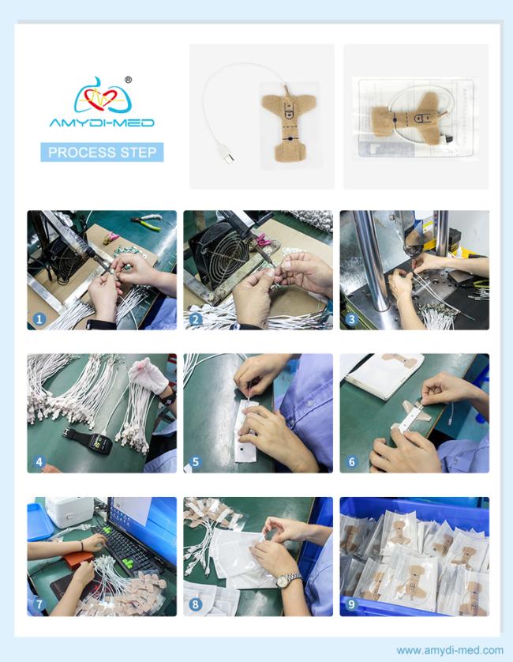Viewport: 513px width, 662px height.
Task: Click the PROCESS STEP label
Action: (102, 152)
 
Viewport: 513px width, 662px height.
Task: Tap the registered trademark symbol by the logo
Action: (129, 79)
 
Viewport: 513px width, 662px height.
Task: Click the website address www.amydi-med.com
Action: (450, 650)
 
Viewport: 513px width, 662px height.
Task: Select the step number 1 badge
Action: (39, 319)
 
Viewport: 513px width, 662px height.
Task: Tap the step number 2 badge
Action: (195, 319)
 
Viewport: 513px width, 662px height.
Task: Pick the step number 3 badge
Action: (352, 319)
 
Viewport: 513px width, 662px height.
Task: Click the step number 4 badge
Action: (39, 462)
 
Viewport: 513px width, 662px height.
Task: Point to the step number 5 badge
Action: (195, 462)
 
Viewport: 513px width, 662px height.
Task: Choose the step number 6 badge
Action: (352, 462)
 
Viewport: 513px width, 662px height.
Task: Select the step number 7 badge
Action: (39, 604)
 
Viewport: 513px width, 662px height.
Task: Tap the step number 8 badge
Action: (195, 604)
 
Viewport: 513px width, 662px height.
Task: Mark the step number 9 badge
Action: (352, 604)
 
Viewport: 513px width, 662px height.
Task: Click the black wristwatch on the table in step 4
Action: (95, 440)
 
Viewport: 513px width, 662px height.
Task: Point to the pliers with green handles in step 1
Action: (146, 223)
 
